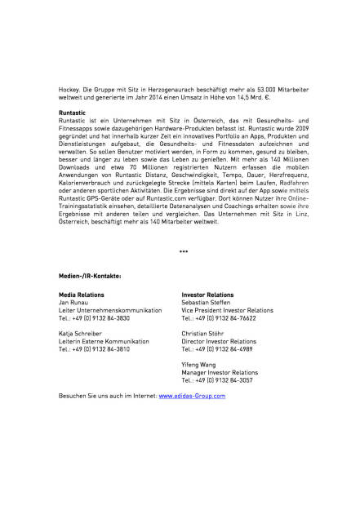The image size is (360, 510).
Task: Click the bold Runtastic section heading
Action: [x=73, y=112]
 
